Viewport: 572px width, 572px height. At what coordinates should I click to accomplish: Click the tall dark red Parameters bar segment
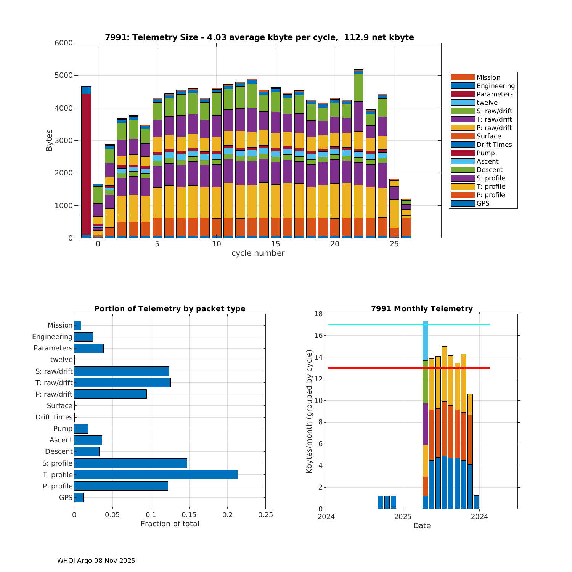(86, 164)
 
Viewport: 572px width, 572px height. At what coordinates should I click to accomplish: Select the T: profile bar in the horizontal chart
(156, 474)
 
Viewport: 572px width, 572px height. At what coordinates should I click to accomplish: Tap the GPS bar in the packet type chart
(79, 497)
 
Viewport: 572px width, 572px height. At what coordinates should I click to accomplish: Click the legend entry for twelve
(487, 103)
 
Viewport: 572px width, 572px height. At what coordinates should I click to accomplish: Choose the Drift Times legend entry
(494, 145)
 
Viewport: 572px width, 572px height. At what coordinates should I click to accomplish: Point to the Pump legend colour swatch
(463, 153)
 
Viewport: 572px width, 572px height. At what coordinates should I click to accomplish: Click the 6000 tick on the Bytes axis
(64, 43)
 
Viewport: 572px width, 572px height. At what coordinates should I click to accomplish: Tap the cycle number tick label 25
(394, 244)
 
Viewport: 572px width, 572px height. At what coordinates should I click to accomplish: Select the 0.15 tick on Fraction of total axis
(189, 515)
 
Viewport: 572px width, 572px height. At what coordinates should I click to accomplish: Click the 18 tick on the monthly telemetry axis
(318, 314)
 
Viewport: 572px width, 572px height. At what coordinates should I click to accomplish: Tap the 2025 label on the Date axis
(403, 517)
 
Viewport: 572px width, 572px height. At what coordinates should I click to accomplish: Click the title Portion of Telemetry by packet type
(170, 308)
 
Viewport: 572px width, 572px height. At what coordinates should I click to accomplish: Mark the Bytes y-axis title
(49, 140)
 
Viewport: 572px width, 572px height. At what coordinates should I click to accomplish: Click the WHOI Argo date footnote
(96, 561)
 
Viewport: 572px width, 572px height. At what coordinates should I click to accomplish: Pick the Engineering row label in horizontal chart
(52, 337)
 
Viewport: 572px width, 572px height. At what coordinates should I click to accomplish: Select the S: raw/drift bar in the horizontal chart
(122, 371)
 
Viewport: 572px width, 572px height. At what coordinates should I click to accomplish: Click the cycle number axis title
(258, 253)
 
